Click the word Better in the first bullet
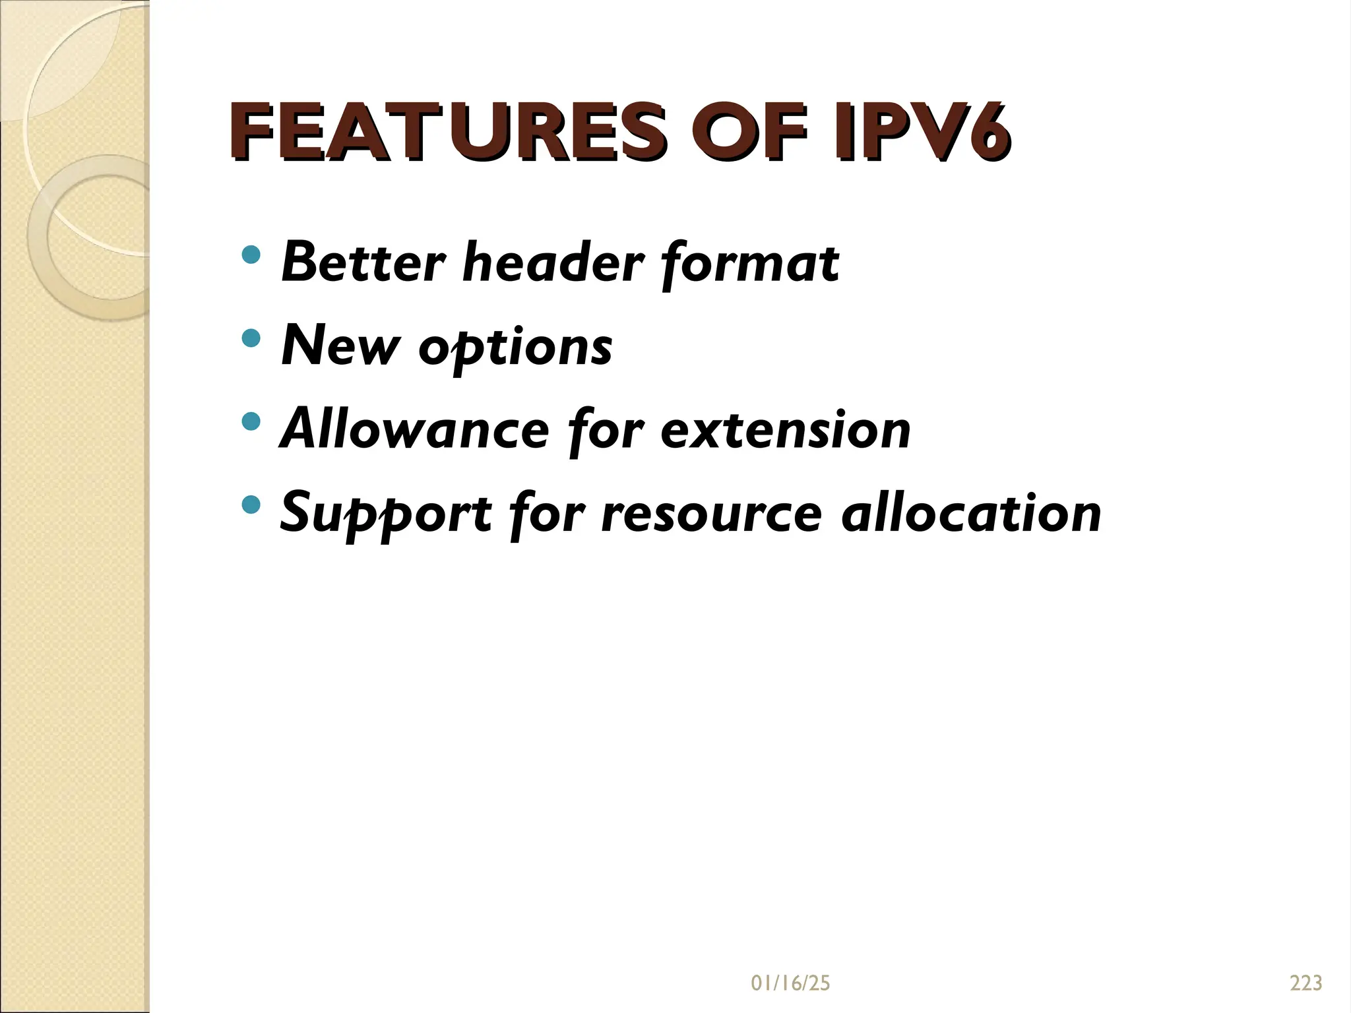click(362, 262)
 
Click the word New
click(340, 346)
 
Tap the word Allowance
click(415, 429)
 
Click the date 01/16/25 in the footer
click(790, 983)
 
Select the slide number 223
click(1306, 983)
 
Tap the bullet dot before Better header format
click(251, 255)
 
